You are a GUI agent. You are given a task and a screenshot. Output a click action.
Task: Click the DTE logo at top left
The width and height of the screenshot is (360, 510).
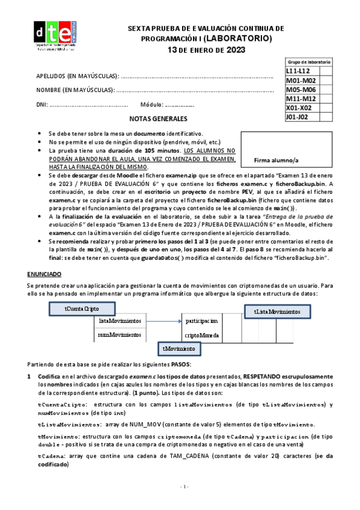[x=55, y=37]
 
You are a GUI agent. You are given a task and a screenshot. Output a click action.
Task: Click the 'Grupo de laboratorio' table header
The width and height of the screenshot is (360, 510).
[x=308, y=62]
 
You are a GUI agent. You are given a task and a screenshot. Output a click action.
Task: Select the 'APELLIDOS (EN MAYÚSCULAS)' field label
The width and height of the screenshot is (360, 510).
[x=78, y=76]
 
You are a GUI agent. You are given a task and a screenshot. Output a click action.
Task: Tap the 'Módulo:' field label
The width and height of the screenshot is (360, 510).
[x=151, y=104]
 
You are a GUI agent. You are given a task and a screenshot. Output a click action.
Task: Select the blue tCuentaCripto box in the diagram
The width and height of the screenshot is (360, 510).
[x=82, y=308]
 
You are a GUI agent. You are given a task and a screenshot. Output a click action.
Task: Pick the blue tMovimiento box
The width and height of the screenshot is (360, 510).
[x=181, y=349]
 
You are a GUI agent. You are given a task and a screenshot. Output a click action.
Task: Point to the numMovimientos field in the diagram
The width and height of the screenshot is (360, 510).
[x=120, y=334]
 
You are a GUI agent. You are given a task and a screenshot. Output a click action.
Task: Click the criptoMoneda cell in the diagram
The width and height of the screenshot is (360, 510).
[x=201, y=334]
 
